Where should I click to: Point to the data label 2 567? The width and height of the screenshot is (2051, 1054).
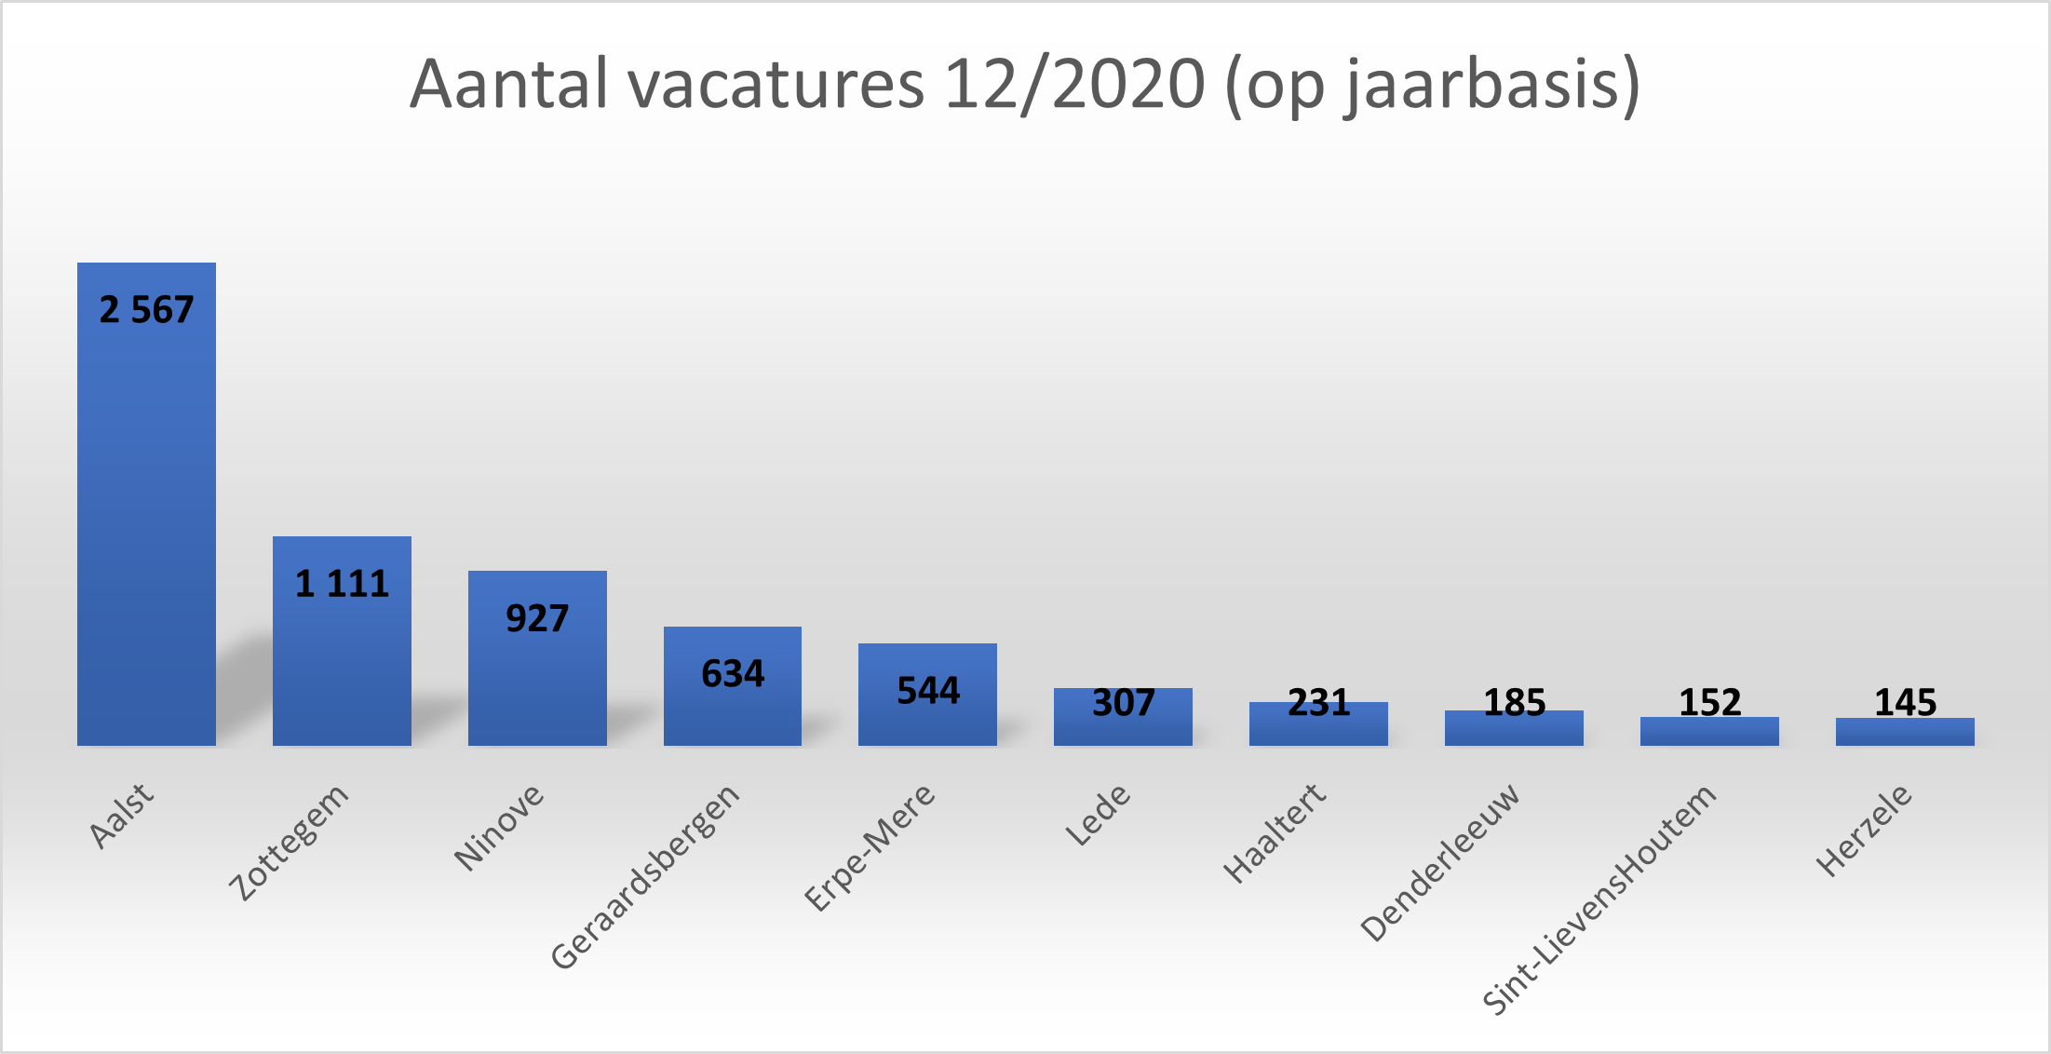pos(146,310)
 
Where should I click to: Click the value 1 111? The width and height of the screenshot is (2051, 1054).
pos(342,584)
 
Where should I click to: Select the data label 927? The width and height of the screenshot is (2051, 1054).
pos(537,618)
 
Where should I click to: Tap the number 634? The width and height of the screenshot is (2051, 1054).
pos(733,673)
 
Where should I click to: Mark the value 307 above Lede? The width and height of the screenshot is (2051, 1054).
pos(1123,702)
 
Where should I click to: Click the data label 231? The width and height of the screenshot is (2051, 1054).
pos(1318,702)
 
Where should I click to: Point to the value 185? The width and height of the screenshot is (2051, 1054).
pos(1514,702)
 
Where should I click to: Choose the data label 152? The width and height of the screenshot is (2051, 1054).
pos(1709,702)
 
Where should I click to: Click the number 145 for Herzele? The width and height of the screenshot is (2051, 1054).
pos(1905,702)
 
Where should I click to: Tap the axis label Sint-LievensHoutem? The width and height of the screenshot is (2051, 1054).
pos(1599,899)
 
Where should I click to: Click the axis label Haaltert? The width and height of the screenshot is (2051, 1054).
pos(1274,833)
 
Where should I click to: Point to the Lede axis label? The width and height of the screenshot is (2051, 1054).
pos(1098,815)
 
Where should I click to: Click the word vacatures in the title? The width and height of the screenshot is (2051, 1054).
pos(776,85)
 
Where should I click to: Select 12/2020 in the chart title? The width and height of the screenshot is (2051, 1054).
pos(1074,85)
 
